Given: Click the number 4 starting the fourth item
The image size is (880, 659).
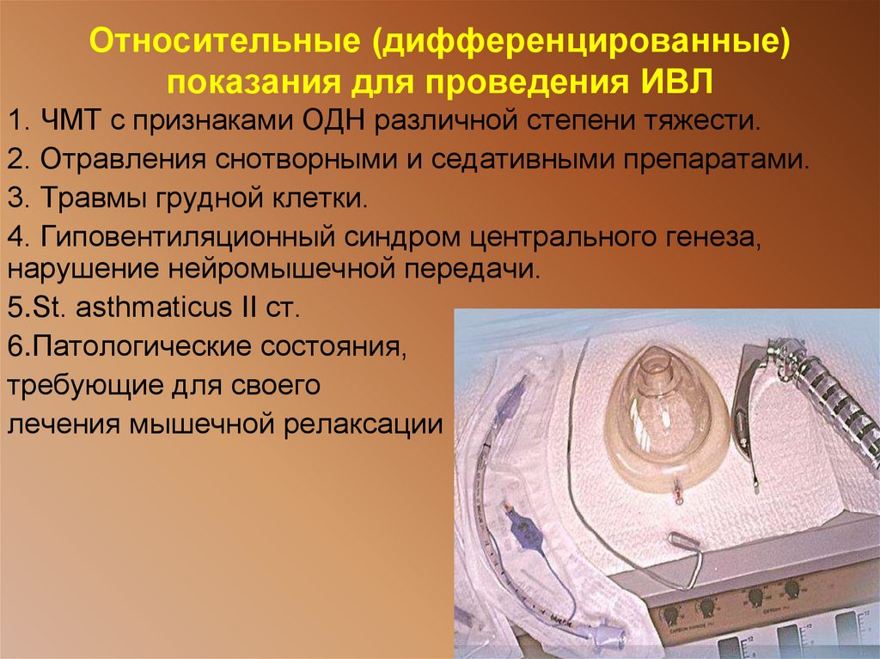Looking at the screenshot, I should pyautogui.click(x=15, y=237).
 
